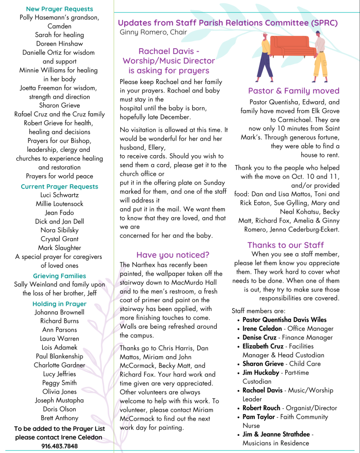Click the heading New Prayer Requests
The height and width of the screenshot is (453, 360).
click(59, 9)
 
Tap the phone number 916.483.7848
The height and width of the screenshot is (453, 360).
click(59, 446)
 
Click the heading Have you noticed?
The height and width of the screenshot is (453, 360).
click(172, 255)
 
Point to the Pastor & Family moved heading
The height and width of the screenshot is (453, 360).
click(293, 91)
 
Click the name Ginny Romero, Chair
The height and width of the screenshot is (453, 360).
click(153, 32)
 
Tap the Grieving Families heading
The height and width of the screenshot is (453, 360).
click(59, 276)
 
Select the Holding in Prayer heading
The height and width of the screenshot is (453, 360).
click(59, 304)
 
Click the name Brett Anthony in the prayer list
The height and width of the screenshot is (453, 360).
click(59, 418)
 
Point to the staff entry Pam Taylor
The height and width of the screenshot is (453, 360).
click(259, 417)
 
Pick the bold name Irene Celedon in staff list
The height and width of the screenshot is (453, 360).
click(262, 329)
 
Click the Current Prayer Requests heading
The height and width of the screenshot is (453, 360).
click(59, 186)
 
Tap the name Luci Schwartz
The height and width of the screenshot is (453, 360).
click(59, 195)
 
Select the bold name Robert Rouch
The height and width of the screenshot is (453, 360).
click(261, 408)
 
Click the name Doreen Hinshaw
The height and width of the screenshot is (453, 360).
click(59, 44)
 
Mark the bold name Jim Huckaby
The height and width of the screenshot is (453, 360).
click(260, 372)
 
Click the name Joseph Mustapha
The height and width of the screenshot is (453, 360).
click(59, 400)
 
